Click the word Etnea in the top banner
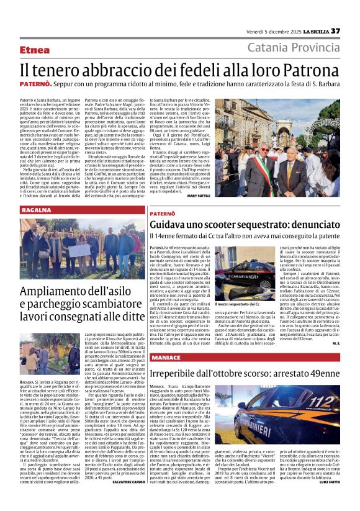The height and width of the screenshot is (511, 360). [35, 50]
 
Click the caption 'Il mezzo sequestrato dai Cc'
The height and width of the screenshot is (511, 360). [237, 304]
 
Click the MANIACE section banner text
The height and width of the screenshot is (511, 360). [165, 358]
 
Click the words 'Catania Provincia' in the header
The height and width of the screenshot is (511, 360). [294, 49]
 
